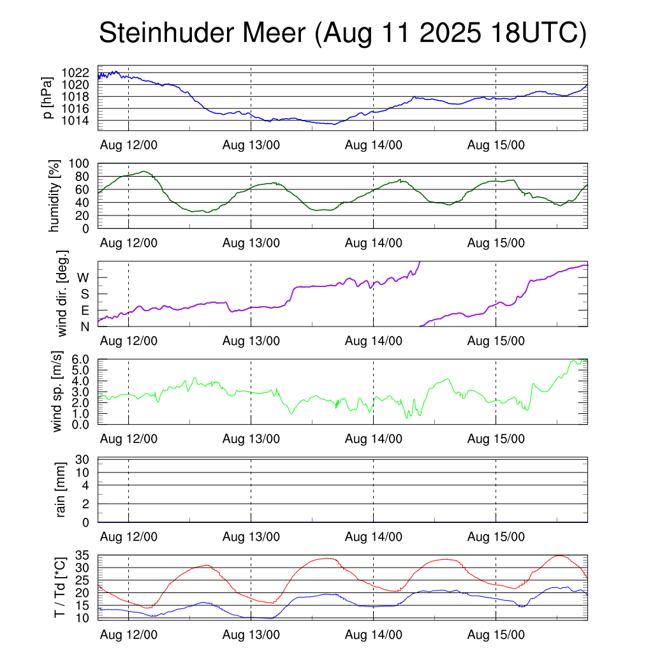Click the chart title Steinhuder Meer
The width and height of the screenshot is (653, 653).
coord(204,33)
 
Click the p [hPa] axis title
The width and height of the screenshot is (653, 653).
coord(47,98)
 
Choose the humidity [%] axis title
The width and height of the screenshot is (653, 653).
coord(54,196)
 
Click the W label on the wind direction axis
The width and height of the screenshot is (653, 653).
coord(83,278)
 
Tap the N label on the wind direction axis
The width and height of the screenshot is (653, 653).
coord(84,327)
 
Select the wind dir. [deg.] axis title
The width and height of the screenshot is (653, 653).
coord(62,293)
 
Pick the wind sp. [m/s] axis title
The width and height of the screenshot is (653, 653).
coord(58,392)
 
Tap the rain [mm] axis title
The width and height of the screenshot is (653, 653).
coord(61,490)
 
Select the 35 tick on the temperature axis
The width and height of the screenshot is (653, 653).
coord(83,555)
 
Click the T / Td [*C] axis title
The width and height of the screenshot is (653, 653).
coord(59,587)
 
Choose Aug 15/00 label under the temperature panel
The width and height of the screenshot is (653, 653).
coord(495,635)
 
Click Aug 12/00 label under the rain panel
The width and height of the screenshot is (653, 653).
coord(128,537)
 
